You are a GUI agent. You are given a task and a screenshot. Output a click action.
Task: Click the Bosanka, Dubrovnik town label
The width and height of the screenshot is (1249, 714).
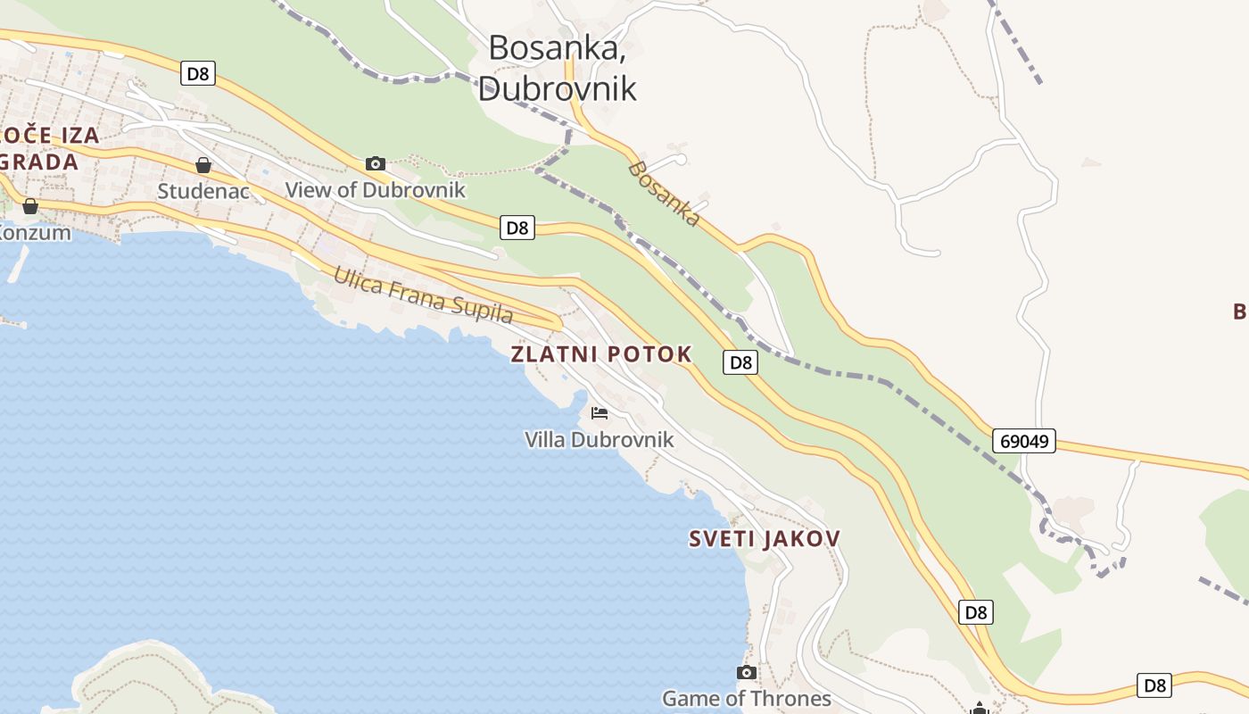[557, 68]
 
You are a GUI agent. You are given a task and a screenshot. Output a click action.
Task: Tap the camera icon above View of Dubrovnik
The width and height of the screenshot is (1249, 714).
[376, 163]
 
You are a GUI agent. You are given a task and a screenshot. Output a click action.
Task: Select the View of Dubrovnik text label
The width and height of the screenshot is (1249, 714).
[375, 189]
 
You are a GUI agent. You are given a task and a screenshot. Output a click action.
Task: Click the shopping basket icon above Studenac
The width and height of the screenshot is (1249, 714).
[203, 165]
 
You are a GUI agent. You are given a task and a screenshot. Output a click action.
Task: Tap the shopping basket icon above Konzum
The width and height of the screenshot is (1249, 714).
[30, 207]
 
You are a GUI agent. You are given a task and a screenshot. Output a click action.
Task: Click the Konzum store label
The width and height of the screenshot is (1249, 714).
[34, 232]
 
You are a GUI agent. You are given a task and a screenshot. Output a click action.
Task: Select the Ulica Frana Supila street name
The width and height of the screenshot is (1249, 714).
[423, 295]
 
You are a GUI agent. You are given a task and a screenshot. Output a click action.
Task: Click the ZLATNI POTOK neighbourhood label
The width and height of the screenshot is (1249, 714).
[601, 354]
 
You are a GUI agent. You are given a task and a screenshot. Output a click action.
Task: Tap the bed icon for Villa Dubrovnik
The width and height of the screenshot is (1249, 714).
[600, 413]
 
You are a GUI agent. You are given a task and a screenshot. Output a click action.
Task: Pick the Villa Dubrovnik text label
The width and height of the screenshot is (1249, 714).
[600, 439]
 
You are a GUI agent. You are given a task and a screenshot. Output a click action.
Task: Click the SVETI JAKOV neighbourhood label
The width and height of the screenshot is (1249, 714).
[765, 539]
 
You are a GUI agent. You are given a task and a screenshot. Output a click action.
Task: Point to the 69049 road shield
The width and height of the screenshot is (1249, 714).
[1024, 441]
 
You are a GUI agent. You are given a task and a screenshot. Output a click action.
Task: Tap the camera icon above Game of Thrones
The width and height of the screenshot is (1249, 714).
[747, 672]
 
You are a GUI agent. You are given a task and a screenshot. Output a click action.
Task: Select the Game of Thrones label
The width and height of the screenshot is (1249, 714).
[747, 698]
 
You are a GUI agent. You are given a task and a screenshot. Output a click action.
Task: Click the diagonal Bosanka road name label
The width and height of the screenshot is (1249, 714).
[665, 193]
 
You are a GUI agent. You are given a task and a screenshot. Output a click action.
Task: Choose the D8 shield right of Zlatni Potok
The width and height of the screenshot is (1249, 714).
[740, 362]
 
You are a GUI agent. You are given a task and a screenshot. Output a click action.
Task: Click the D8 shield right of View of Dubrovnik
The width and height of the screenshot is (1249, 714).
[517, 228]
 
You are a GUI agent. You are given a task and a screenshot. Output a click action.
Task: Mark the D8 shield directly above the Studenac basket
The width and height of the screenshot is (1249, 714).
[198, 73]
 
